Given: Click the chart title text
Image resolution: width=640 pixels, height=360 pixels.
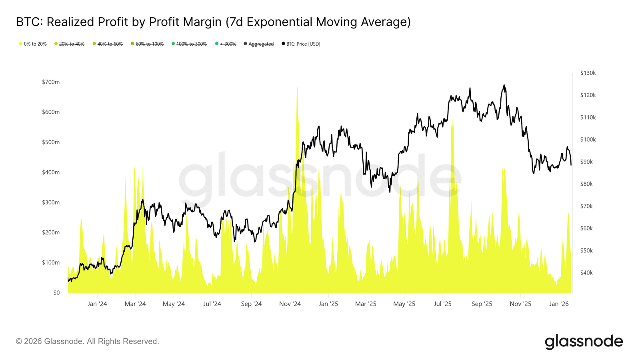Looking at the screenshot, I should tap(213, 22).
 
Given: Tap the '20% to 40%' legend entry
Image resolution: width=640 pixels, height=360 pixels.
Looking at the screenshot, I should tap(72, 44).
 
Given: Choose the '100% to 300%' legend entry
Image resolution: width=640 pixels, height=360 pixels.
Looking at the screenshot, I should tap(191, 44).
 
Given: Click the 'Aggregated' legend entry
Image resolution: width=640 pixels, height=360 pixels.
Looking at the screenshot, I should tap(261, 44).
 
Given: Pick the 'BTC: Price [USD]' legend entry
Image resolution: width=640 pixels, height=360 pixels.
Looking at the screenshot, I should tap(303, 44).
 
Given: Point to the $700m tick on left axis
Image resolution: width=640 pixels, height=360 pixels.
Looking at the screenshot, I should tap(51, 82).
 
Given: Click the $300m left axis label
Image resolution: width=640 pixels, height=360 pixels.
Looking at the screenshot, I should tap(51, 202).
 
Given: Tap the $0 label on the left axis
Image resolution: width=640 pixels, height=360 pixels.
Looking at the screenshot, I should tap(56, 293).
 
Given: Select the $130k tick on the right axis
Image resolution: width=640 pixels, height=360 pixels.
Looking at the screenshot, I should tap(588, 73).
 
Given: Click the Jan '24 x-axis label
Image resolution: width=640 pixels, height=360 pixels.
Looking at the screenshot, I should tap(97, 304).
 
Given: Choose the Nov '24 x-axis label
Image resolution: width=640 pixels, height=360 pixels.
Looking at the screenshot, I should tap(290, 304).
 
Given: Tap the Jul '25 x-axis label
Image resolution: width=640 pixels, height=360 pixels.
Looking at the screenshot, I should tap(443, 304).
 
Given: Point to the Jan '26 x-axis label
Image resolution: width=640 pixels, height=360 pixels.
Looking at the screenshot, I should tap(559, 304).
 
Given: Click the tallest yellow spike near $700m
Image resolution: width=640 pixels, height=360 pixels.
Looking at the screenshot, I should tap(297, 87).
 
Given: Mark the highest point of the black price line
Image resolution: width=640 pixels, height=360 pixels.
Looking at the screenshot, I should tap(504, 85).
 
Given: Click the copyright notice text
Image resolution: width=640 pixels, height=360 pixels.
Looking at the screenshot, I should tap(88, 341).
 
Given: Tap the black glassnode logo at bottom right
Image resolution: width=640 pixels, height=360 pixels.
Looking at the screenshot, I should tap(584, 342).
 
